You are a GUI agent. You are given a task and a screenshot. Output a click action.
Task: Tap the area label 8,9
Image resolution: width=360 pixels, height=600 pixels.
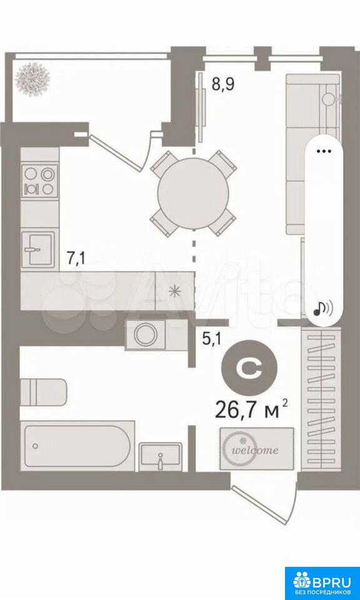click(223, 83)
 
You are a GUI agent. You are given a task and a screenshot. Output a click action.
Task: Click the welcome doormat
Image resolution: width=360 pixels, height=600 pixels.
click(257, 449)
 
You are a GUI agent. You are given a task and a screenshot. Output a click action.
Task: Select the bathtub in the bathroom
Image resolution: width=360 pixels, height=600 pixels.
click(77, 446)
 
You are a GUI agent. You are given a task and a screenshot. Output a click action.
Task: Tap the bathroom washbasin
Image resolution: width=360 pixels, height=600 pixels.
click(160, 456)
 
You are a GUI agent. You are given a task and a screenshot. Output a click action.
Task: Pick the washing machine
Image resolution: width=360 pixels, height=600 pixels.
click(146, 335)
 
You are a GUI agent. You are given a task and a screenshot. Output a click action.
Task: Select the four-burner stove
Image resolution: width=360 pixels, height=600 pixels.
click(40, 181)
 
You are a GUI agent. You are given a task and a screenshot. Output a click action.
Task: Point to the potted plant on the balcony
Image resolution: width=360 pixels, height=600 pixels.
click(32, 79)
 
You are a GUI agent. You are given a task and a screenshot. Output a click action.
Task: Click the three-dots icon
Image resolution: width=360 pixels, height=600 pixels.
click(324, 151)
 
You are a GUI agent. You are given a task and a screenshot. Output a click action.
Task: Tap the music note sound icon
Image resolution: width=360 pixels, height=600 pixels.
click(323, 307)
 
